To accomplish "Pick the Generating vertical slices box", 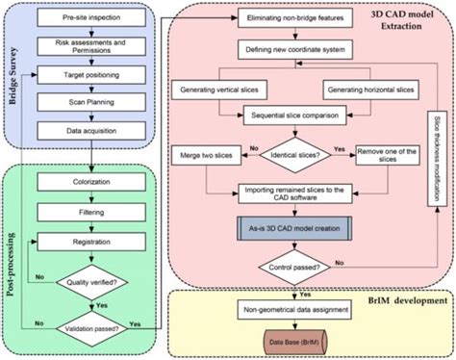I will click(218, 90).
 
